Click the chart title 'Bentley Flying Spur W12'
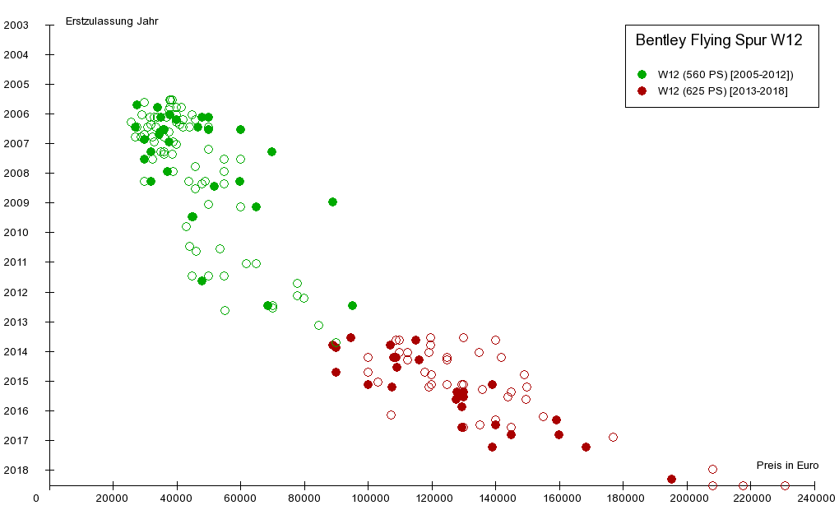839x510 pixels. [718, 39]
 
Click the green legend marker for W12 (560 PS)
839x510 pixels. [642, 74]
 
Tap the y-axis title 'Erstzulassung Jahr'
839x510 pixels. [112, 21]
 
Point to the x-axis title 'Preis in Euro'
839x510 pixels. [787, 465]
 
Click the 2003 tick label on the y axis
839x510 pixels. [16, 25]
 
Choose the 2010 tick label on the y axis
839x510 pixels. [16, 233]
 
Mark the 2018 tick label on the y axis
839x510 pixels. [16, 471]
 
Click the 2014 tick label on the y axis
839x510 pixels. [16, 351]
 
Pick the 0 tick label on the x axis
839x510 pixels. [36, 498]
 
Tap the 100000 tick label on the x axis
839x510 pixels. [368, 498]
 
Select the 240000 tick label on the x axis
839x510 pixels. [814, 498]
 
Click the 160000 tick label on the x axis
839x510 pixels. [559, 498]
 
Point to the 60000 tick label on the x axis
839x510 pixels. [240, 498]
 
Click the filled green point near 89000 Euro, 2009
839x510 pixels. [332, 202]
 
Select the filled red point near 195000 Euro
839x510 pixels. [671, 479]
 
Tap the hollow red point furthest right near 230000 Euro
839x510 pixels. [785, 485]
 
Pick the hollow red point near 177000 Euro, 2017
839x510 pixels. [613, 437]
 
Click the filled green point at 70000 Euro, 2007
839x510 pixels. [271, 151]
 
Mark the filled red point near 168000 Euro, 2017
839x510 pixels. [586, 447]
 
